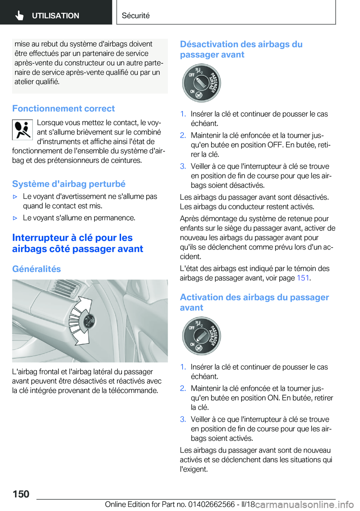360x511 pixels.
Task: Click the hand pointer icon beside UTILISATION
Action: pyautogui.click(x=19, y=15)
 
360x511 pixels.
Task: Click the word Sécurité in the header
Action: pyautogui.click(x=135, y=15)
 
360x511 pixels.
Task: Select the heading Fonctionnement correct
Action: pyautogui.click(x=63, y=108)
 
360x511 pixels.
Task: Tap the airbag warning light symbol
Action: pyautogui.click(x=22, y=130)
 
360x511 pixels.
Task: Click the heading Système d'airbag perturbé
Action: pyautogui.click(x=69, y=184)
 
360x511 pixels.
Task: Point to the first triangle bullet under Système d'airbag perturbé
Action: pyautogui.click(x=15, y=197)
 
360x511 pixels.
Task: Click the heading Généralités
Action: pyautogui.click(x=36, y=269)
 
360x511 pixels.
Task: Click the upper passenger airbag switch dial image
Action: pyautogui.click(x=201, y=83)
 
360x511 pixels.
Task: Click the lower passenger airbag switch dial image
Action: pyautogui.click(x=201, y=336)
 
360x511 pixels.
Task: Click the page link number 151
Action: pyautogui.click(x=303, y=278)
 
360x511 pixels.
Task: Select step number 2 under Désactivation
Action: pyautogui.click(x=183, y=135)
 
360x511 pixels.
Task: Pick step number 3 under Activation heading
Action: pyautogui.click(x=183, y=419)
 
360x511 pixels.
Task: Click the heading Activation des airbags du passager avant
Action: pyautogui.click(x=254, y=302)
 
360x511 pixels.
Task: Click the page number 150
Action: pyautogui.click(x=21, y=494)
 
